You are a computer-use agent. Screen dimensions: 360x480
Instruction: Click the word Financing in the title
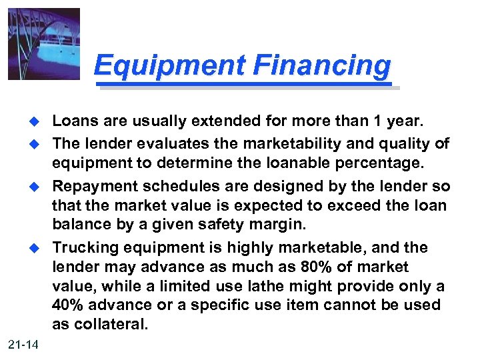pyautogui.click(x=322, y=65)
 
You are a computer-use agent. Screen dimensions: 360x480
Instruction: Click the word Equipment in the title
pyautogui.click(x=169, y=65)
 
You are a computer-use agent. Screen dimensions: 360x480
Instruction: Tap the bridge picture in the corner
pyautogui.click(x=44, y=44)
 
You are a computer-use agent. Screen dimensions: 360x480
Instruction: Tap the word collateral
pyautogui.click(x=114, y=325)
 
